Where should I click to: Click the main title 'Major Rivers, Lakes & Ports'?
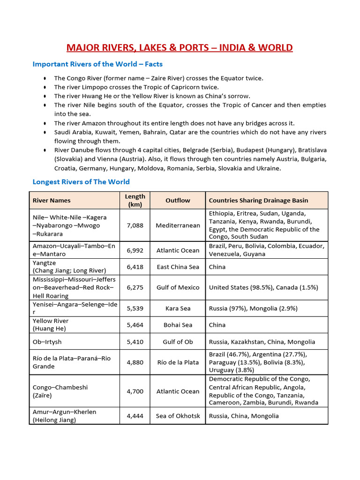180,48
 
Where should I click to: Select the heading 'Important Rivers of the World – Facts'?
97,64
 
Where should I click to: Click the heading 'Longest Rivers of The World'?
81,181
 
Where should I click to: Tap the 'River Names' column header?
52,200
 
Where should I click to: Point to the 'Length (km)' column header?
135,200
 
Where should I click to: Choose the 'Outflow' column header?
178,200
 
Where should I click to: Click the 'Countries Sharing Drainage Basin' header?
258,200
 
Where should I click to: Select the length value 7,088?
135,225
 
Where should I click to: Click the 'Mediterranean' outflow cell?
178,225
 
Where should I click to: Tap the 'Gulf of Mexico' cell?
178,287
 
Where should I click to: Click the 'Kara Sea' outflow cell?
178,308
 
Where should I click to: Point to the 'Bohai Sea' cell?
178,325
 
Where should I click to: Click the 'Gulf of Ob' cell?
178,342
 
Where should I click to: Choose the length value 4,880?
135,362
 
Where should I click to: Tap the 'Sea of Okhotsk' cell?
178,416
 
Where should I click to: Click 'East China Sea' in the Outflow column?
178,267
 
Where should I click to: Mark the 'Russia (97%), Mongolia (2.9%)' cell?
253,308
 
